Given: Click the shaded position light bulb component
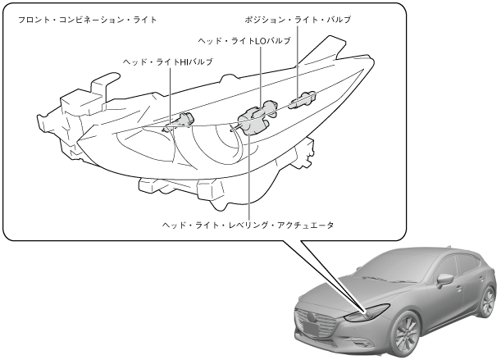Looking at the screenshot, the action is point(303,101).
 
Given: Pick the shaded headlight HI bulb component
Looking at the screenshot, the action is point(182,121).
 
